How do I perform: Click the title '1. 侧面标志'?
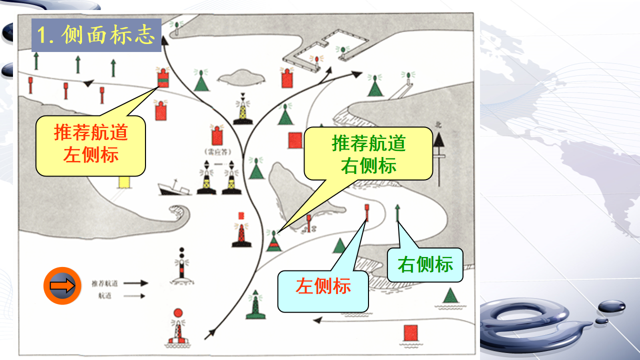[x=96, y=35]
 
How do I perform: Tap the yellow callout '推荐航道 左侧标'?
[x=90, y=145]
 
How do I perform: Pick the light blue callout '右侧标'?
[x=425, y=265]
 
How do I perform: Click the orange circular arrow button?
[x=62, y=286]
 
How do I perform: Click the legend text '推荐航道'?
[x=105, y=283]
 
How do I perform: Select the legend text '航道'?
[x=105, y=295]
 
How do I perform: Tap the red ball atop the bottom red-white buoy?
[x=177, y=313]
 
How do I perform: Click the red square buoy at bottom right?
[x=410, y=332]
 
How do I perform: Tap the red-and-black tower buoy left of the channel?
[x=241, y=233]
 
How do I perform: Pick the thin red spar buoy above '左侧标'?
[x=366, y=213]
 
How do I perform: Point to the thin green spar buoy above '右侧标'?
[x=397, y=213]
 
